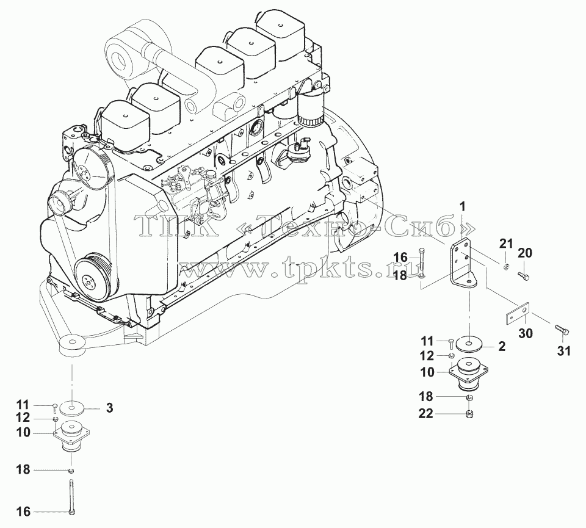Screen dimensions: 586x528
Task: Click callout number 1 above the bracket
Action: [462, 206]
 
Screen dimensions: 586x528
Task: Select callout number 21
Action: [507, 244]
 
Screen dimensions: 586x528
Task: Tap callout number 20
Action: [525, 253]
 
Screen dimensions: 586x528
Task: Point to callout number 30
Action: [526, 333]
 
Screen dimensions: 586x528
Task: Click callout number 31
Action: [564, 351]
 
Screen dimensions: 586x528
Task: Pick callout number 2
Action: [502, 346]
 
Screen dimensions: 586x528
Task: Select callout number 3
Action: [109, 408]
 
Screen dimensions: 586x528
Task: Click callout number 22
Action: [425, 414]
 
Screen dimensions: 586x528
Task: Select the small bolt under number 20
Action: [523, 276]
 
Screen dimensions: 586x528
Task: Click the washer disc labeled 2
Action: [469, 344]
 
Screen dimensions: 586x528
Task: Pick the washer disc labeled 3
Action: [73, 407]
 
